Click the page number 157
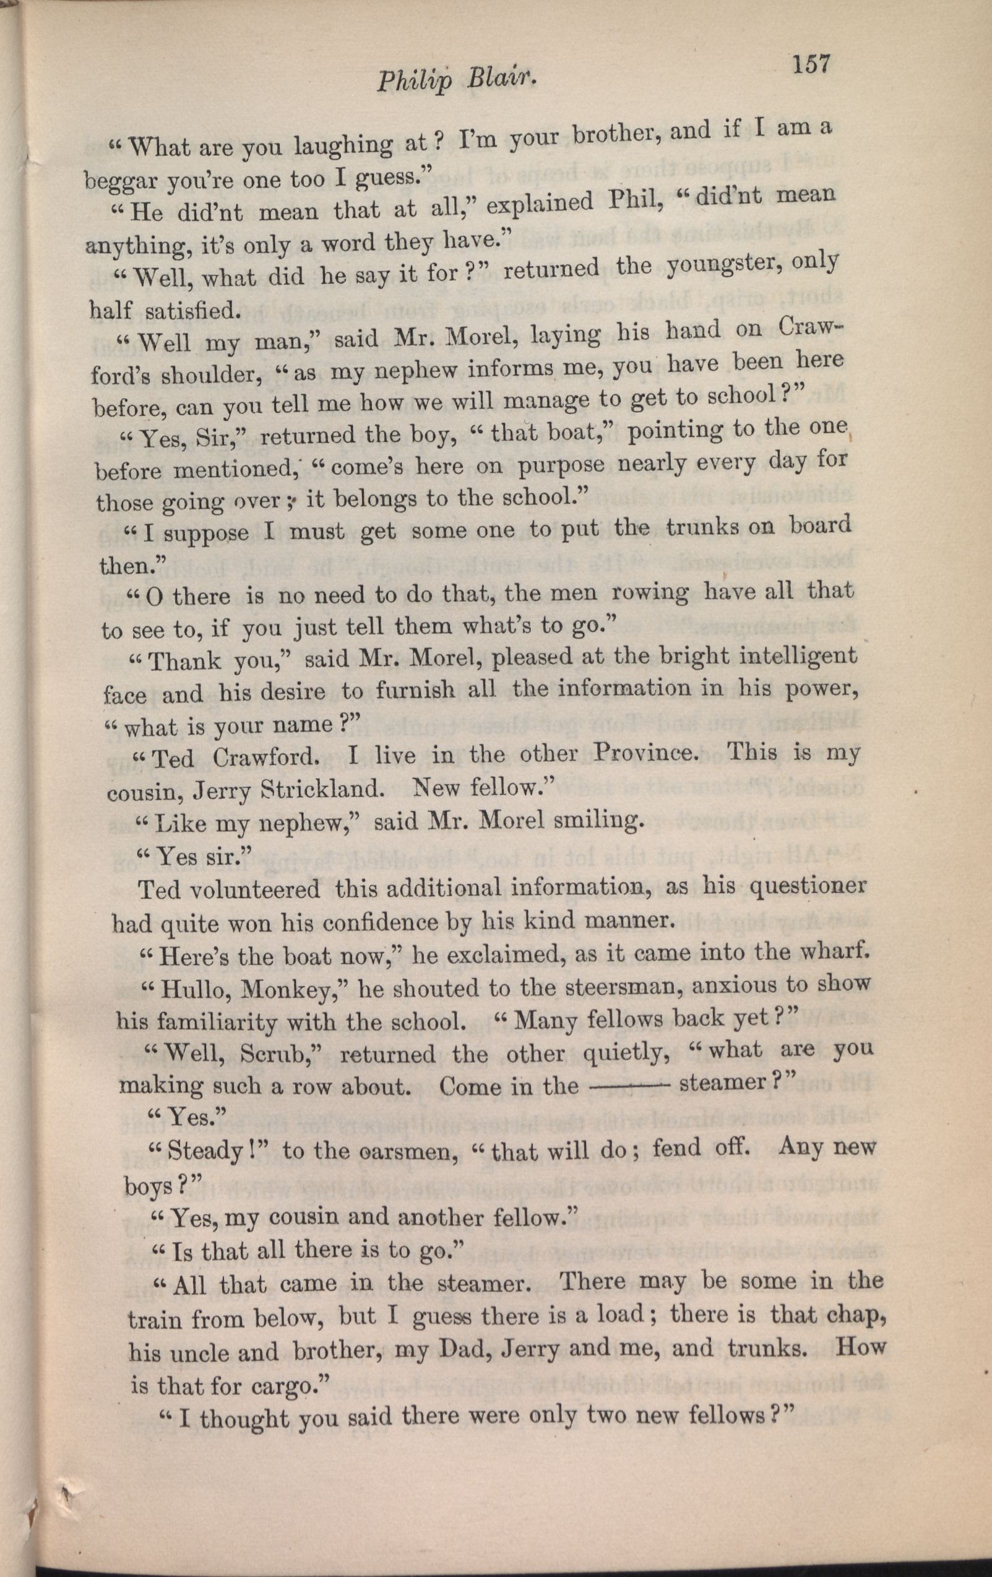[811, 66]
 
